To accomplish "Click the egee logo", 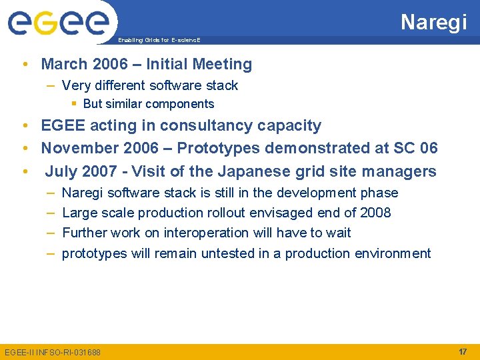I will pos(59,24).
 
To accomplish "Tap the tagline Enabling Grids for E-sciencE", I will pos(159,41).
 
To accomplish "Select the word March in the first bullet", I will pos(65,65).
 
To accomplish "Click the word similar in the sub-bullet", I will pos(125,104).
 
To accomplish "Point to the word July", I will pos(61,171).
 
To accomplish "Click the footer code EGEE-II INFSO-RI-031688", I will pos(53,352).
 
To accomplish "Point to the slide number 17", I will pos(462,351).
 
